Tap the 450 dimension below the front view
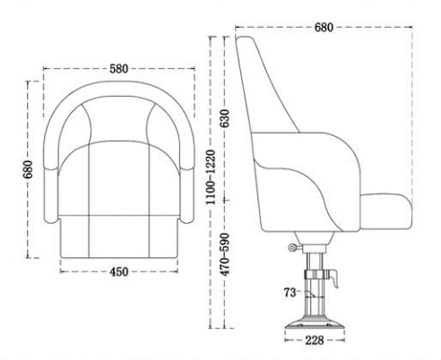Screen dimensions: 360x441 click(118, 270)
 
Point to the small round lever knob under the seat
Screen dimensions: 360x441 click(293, 248)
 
